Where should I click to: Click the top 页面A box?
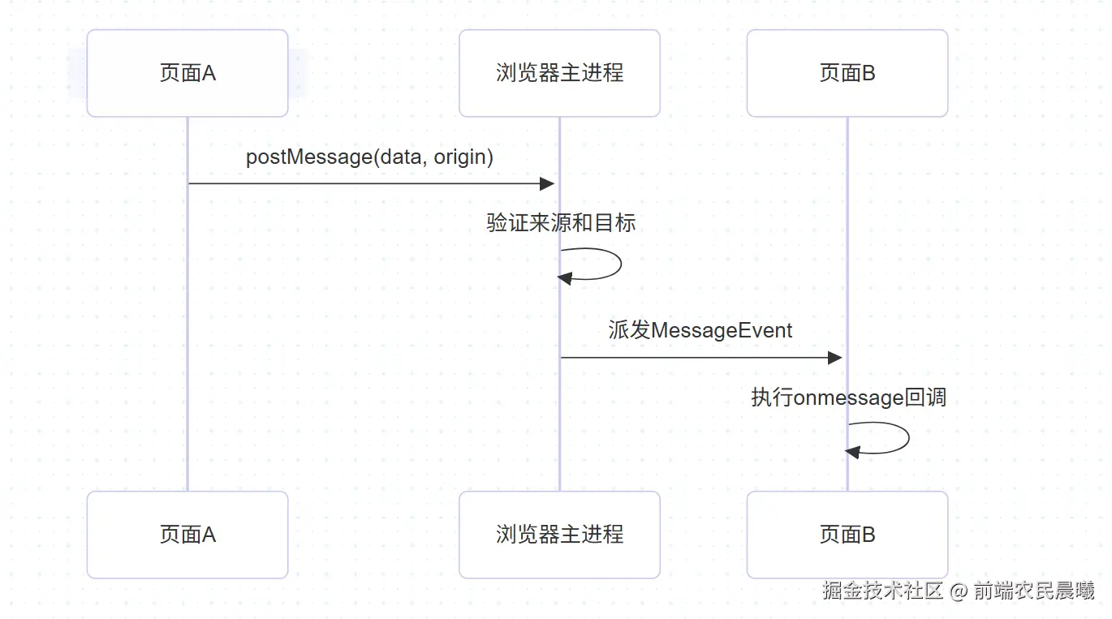click(x=187, y=73)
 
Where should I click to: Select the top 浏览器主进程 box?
click(x=559, y=73)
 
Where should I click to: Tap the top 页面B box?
click(x=847, y=73)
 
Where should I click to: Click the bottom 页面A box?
click(x=187, y=535)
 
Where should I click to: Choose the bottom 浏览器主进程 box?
click(x=559, y=535)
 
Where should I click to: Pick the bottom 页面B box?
click(x=847, y=535)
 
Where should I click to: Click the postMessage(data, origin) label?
click(x=369, y=157)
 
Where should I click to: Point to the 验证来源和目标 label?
click(x=561, y=222)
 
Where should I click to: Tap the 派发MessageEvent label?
click(x=700, y=330)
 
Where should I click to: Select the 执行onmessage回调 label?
click(x=848, y=398)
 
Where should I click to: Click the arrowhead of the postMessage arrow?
click(x=548, y=183)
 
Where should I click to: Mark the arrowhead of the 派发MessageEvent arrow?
click(x=835, y=358)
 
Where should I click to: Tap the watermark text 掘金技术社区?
click(x=882, y=591)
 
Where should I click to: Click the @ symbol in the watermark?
click(x=959, y=591)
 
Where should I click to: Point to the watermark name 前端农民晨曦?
click(x=1034, y=591)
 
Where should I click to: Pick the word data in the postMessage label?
click(x=401, y=157)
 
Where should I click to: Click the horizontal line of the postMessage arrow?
click(x=365, y=183)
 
